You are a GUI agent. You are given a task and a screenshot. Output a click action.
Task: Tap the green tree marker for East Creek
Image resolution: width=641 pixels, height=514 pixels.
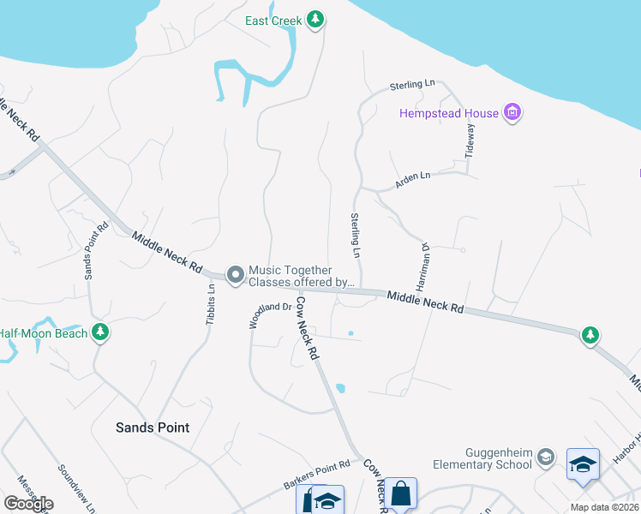tap(316, 19)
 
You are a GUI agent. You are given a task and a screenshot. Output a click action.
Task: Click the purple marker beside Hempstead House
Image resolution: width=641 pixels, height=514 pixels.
tap(512, 112)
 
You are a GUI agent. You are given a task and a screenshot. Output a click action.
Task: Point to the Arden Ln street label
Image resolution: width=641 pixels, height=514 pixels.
tap(412, 180)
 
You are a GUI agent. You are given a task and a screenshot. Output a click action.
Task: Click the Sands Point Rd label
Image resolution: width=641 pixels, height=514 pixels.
tap(96, 250)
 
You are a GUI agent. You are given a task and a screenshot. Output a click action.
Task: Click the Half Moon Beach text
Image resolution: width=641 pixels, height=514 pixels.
tap(43, 333)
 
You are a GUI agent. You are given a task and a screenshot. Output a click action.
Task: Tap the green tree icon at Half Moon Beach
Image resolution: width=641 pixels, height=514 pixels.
tap(100, 332)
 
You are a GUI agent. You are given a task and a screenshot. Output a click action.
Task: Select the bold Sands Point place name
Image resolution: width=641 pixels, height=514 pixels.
tap(153, 427)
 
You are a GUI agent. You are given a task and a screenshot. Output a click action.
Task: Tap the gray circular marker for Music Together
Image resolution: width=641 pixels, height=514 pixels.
tap(235, 275)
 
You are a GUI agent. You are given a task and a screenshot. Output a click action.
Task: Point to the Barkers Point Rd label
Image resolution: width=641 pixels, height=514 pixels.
tap(317, 475)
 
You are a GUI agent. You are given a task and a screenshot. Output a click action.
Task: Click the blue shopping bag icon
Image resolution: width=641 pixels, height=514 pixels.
tap(400, 494)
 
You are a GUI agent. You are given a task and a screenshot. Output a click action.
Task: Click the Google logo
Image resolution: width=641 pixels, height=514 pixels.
tap(28, 504)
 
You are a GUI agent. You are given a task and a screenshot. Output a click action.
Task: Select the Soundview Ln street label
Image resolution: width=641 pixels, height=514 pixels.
tap(75, 484)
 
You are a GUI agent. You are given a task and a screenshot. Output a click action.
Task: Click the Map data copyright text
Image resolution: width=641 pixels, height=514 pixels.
tap(603, 507)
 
